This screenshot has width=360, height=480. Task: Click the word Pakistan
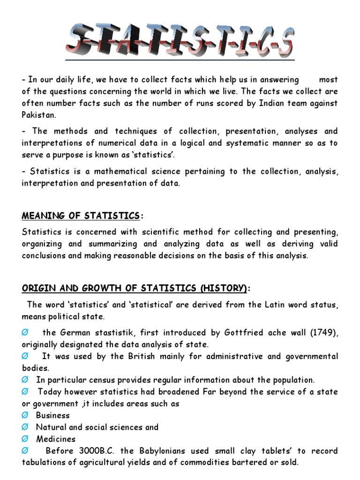click(x=39, y=115)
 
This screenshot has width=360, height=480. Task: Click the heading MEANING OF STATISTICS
click(x=81, y=216)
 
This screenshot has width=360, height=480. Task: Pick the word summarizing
click(x=119, y=244)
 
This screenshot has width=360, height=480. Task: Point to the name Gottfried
click(x=240, y=333)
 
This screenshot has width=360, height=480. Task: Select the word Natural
click(x=52, y=427)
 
